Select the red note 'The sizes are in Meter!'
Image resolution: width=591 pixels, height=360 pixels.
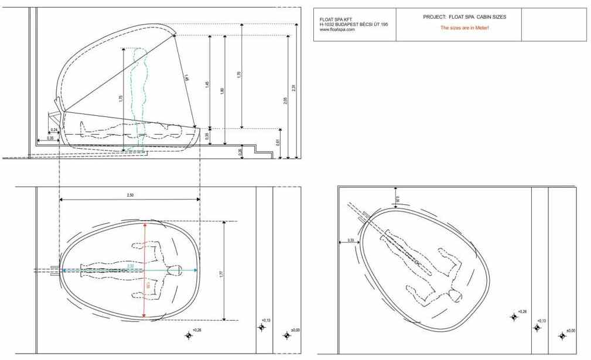tap(464, 28)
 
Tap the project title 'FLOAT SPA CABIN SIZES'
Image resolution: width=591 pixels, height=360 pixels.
tap(464, 17)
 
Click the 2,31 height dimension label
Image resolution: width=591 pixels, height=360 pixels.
tap(293, 88)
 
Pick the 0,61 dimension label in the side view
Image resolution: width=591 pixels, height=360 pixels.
tap(278, 141)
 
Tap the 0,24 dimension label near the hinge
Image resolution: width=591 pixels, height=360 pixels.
tap(54, 129)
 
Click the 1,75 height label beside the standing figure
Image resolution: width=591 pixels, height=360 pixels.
tap(121, 99)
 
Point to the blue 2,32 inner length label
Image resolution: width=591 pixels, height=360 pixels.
tap(130, 266)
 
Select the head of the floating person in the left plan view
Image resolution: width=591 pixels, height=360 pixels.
tap(176, 270)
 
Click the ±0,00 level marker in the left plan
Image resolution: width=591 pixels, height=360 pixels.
tap(287, 335)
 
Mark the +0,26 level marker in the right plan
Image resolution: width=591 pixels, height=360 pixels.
tap(514, 317)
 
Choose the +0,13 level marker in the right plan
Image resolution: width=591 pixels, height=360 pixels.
tap(537, 327)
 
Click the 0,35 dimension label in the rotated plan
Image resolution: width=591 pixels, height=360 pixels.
tap(350, 239)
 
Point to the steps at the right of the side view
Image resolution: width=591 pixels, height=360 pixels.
tap(264, 152)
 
